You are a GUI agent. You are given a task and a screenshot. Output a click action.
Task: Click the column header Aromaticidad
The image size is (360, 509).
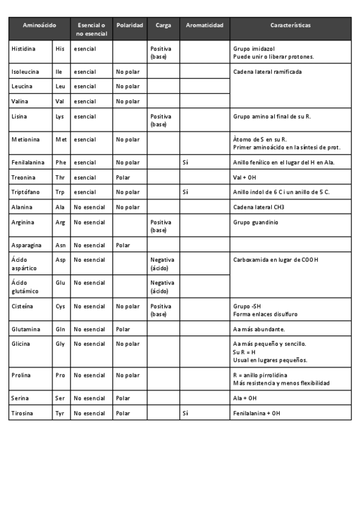(x=205, y=26)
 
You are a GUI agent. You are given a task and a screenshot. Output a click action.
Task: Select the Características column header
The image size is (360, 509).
(x=290, y=26)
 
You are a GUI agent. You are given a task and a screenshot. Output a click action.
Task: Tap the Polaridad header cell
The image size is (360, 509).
(x=130, y=26)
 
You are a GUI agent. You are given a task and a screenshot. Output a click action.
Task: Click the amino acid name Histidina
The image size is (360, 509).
(x=23, y=49)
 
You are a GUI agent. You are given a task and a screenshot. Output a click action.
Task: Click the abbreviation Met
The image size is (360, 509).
(x=61, y=140)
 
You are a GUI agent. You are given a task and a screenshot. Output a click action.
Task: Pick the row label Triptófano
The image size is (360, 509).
(x=25, y=192)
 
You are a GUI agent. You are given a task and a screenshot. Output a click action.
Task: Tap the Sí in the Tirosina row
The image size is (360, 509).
(x=185, y=414)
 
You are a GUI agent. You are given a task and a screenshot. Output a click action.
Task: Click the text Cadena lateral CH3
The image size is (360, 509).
(x=259, y=207)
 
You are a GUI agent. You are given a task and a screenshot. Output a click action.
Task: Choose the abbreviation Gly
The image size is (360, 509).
(x=60, y=345)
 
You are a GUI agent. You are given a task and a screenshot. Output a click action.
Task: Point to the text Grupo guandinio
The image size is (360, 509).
(x=255, y=223)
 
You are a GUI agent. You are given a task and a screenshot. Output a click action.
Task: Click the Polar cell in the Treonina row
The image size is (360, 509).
(x=123, y=178)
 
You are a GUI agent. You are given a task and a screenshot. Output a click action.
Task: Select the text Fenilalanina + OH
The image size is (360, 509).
(x=256, y=414)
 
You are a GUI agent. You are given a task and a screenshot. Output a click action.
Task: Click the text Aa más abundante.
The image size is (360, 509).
(x=259, y=330)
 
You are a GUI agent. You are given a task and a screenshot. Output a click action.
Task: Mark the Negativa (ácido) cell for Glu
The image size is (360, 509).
(x=162, y=287)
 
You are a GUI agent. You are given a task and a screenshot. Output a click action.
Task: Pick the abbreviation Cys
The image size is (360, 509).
(x=60, y=307)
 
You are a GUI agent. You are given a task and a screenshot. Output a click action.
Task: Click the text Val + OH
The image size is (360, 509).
(x=244, y=178)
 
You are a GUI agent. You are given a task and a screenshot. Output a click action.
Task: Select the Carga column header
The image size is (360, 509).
(x=163, y=26)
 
